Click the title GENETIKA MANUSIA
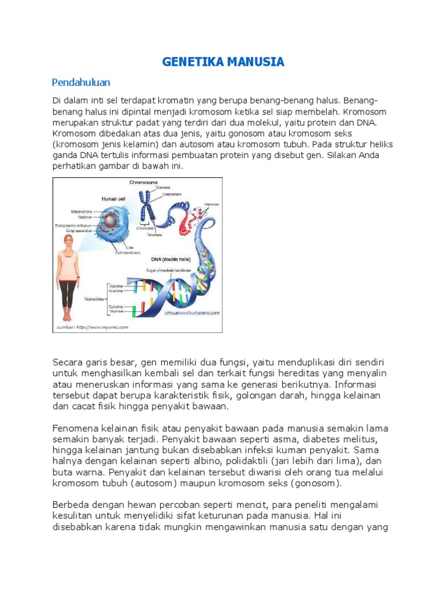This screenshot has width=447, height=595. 223,62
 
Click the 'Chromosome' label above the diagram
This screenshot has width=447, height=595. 143,182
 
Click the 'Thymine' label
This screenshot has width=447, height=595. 116,311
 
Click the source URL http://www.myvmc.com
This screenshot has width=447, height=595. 92,327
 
